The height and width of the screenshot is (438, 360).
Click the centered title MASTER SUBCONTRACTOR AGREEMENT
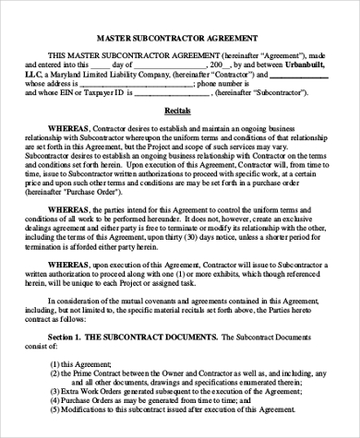[180, 38]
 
